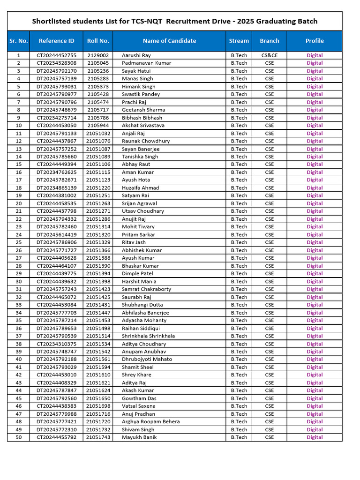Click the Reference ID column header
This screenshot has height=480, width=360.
click(56, 41)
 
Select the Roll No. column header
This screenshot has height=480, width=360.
click(98, 41)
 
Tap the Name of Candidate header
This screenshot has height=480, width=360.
click(169, 41)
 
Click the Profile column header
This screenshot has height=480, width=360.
click(315, 41)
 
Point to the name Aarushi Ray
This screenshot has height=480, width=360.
click(136, 55)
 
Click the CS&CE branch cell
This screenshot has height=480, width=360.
click(270, 55)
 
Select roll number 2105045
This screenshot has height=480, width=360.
click(98, 63)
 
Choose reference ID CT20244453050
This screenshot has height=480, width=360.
click(56, 125)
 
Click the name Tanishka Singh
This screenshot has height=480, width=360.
click(140, 157)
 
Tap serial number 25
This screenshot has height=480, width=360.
click(19, 242)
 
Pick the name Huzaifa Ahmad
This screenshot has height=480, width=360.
click(141, 187)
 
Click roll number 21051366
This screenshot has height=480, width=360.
click(98, 250)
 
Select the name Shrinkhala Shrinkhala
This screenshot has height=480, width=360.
click(149, 336)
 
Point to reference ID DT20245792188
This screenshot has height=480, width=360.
click(56, 359)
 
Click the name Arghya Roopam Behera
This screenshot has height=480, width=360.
click(151, 421)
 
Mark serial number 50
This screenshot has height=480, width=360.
click(19, 437)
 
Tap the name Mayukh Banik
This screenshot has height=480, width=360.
click(139, 437)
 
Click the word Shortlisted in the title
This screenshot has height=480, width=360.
click(51, 21)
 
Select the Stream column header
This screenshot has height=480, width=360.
click(239, 41)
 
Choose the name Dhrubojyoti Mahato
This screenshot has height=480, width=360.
click(147, 359)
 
